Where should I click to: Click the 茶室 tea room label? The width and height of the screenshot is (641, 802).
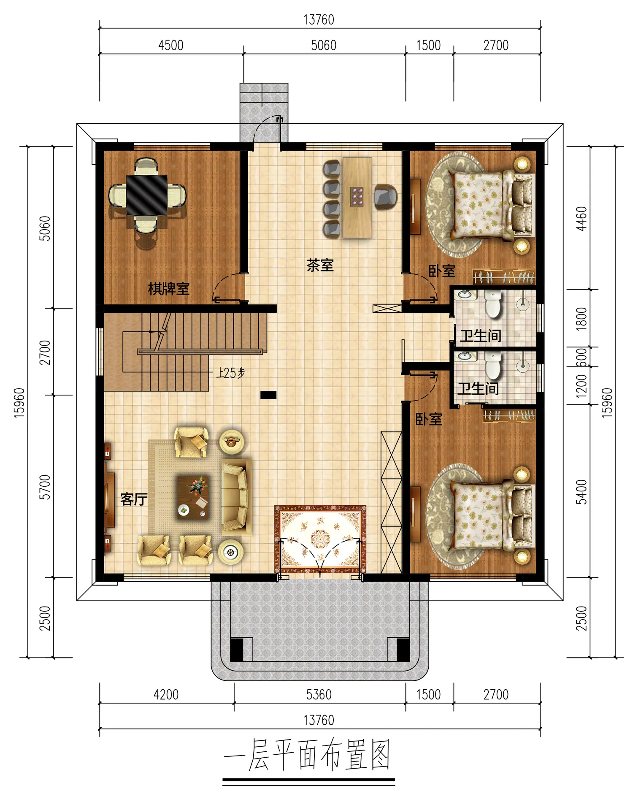coord(320,265)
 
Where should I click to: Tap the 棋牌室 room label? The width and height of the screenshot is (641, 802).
coord(168,289)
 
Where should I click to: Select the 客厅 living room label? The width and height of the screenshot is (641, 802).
coord(134,499)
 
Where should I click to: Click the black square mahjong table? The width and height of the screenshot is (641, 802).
coord(147,195)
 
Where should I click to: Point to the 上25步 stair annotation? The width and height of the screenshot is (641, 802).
coord(230,373)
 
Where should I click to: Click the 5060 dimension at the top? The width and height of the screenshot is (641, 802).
coord(324,45)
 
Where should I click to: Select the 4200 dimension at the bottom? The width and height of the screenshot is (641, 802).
coord(166,694)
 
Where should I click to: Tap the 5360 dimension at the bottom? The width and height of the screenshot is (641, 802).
coord(319,694)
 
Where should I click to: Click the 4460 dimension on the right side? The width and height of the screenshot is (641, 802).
coord(581,219)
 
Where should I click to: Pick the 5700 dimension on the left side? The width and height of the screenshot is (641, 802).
coord(45,487)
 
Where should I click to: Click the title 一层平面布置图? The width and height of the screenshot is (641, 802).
coord(307,755)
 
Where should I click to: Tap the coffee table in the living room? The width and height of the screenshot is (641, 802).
coord(193,497)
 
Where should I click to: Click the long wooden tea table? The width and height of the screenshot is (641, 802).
coord(357,198)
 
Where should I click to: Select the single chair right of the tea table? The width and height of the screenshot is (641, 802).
coord(386,198)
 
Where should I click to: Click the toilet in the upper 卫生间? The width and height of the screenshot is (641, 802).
coord(492,303)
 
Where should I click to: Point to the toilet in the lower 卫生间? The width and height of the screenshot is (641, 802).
coord(492,366)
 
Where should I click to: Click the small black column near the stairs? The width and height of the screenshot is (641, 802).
coord(268,395)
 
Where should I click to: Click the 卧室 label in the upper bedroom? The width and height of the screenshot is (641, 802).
coord(442,271)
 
